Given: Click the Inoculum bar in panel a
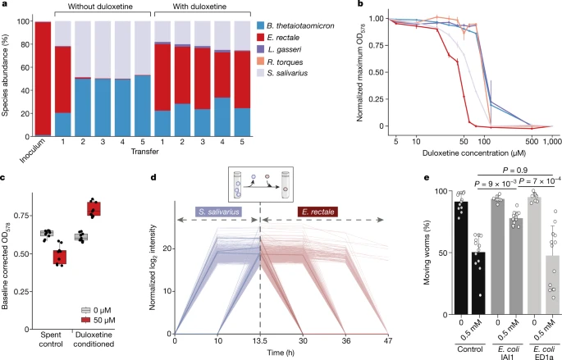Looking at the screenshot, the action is [x=43, y=79].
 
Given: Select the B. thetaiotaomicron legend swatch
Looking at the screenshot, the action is [x=261, y=25].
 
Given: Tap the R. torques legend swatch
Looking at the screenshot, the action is [x=261, y=62].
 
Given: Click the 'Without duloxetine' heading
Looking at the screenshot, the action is [x=100, y=7].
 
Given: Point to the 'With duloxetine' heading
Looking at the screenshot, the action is [x=199, y=7].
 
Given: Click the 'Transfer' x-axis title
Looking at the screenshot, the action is [x=144, y=152].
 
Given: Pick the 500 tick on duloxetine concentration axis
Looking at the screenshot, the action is [x=532, y=142].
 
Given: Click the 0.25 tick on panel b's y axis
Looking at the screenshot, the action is [x=377, y=99].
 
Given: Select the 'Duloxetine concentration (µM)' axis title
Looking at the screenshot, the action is [x=474, y=153].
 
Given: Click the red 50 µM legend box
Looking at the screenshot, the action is [x=85, y=321].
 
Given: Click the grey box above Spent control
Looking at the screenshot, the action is [x=47, y=234].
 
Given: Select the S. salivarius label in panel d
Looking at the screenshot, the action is [x=218, y=212].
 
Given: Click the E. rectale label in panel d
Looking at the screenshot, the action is [x=318, y=212].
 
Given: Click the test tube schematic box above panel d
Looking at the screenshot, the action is [x=261, y=185].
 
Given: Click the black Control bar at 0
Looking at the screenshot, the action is [x=461, y=258].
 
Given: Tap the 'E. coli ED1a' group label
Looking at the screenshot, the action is [x=544, y=353].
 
